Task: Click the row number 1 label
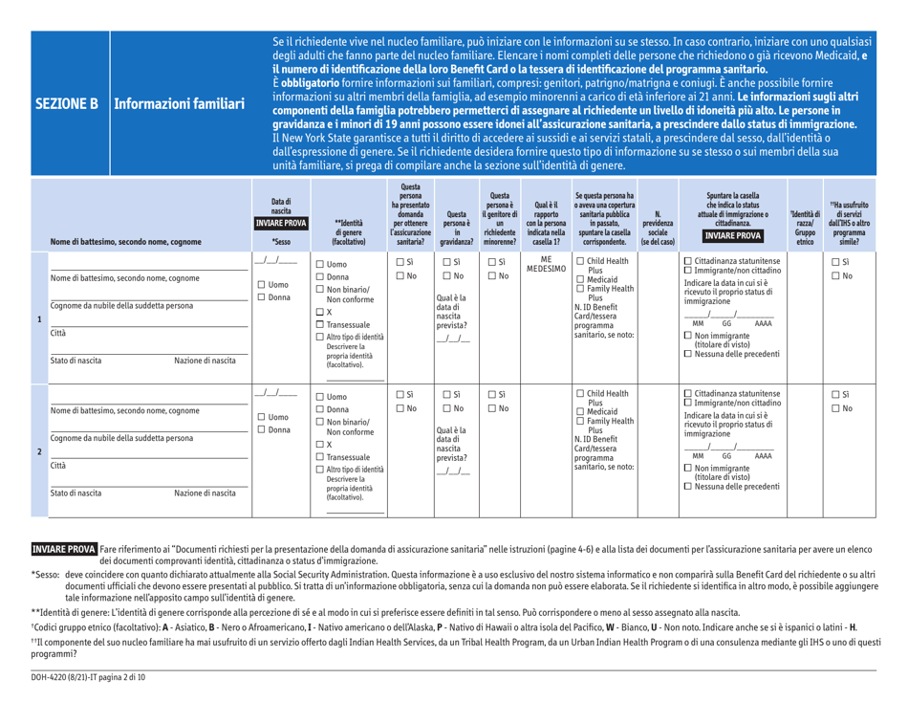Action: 13,312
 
